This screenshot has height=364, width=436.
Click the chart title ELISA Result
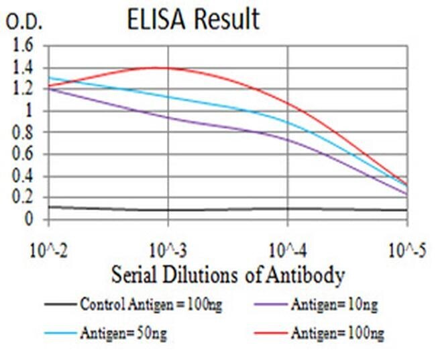tap(193, 20)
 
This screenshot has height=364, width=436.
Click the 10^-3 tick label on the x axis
tap(167, 252)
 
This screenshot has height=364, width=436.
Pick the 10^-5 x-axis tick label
tap(408, 252)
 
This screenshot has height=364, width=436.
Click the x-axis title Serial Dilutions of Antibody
tap(228, 275)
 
